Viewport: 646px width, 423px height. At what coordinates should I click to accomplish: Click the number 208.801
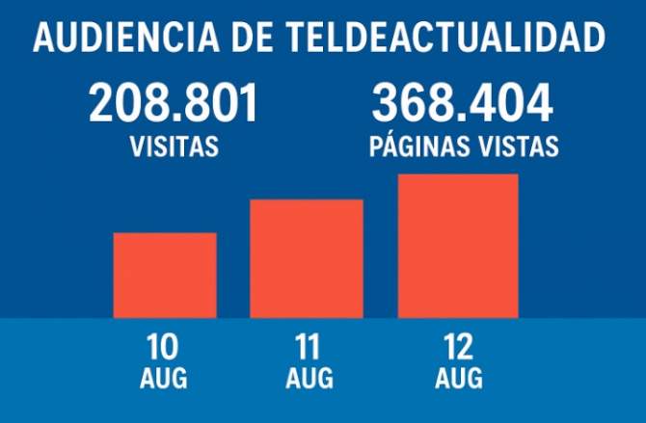click(x=174, y=103)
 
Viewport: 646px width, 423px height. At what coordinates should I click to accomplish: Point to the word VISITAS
click(x=174, y=147)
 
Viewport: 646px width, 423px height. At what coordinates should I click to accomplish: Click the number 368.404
click(x=463, y=103)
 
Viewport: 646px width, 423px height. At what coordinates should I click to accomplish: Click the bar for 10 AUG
click(x=165, y=276)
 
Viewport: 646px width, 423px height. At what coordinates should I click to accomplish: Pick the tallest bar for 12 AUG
click(x=459, y=246)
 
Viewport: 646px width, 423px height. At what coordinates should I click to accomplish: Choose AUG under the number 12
click(x=458, y=378)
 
